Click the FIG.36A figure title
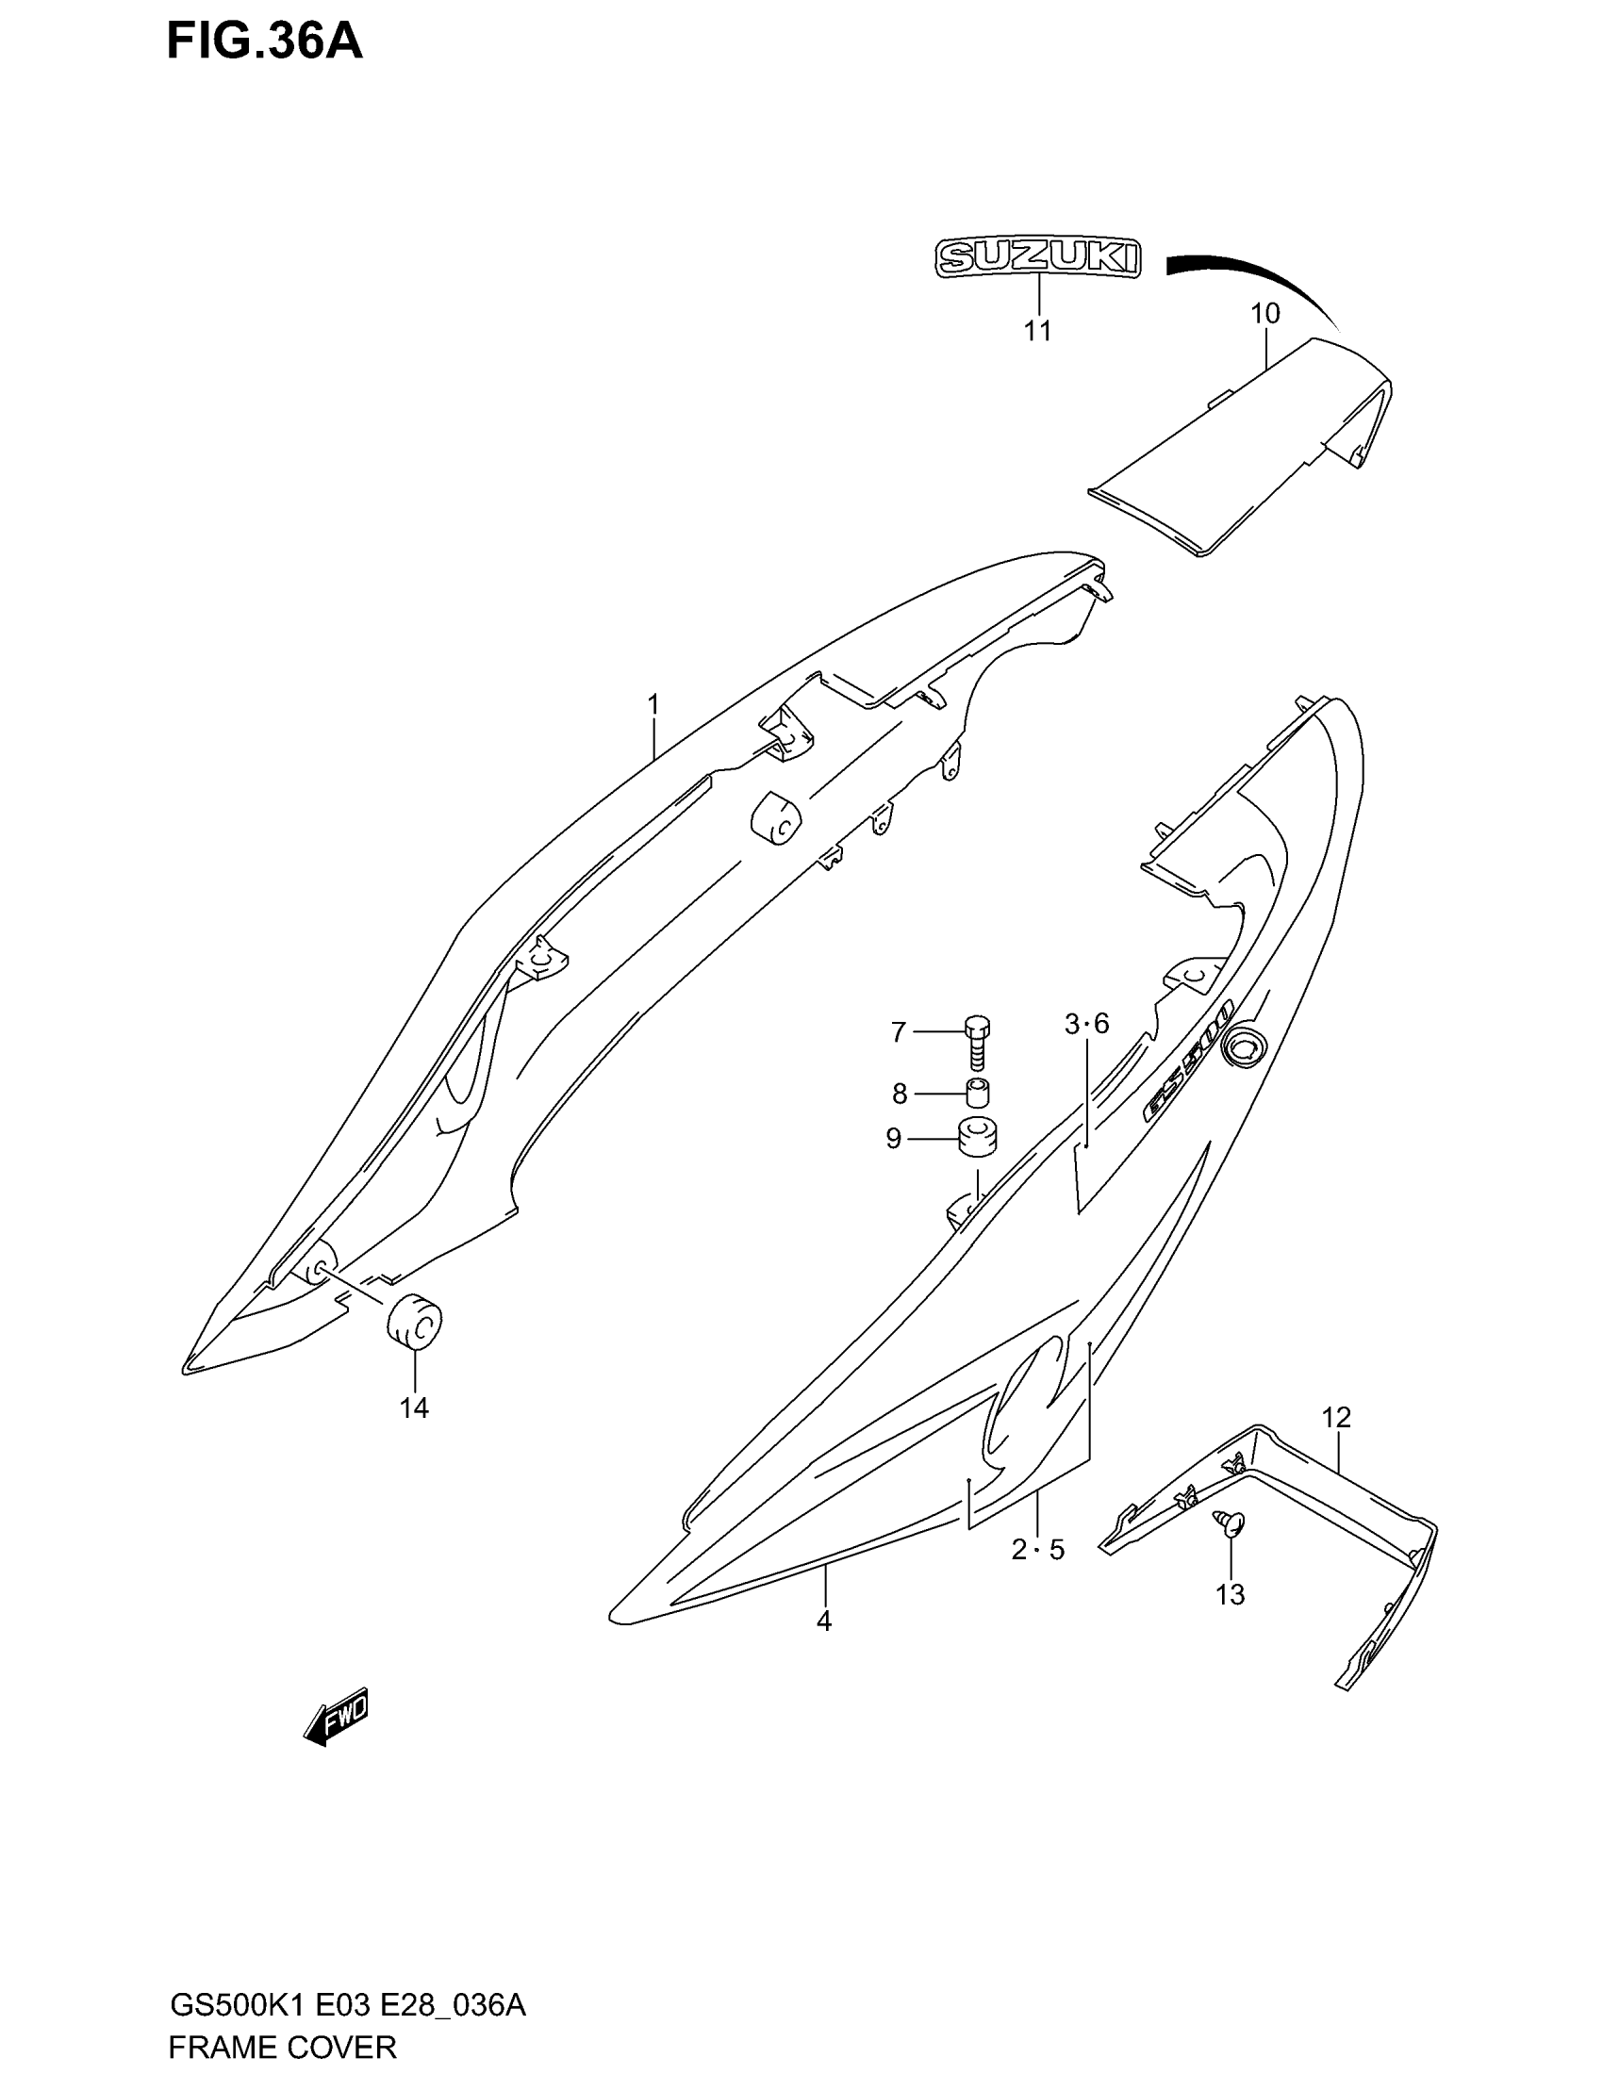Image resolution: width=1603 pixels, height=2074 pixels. (x=264, y=41)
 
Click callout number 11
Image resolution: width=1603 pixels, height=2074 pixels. (x=1038, y=331)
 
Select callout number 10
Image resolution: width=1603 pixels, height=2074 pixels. (x=1264, y=312)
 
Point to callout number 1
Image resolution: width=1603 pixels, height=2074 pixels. (x=653, y=704)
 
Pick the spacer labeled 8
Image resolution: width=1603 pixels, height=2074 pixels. (x=977, y=1093)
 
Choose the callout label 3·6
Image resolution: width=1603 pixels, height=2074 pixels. (x=1086, y=1024)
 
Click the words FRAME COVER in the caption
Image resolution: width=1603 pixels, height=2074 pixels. (x=282, y=2046)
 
